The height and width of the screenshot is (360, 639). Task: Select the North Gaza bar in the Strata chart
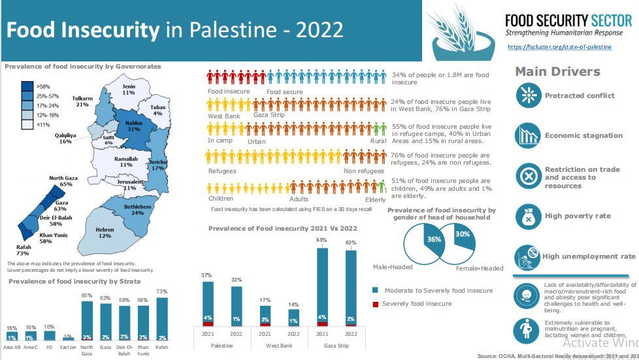point(87,320)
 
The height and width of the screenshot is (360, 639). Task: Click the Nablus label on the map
point(133,125)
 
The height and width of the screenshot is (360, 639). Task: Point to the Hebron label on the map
point(105,233)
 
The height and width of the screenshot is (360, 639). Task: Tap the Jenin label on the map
point(128,90)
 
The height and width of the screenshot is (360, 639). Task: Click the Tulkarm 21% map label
point(82,101)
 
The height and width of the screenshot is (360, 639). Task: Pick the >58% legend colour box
point(27,86)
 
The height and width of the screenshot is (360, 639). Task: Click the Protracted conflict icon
point(526,95)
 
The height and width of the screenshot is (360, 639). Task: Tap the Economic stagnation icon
point(526,135)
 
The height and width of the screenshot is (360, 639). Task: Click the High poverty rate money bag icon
point(526,216)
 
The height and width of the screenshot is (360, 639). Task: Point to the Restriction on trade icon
point(526,176)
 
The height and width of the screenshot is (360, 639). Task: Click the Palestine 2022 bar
point(237,306)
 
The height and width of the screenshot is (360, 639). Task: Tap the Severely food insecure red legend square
point(375,304)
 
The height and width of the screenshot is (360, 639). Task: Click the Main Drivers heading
point(557,72)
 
